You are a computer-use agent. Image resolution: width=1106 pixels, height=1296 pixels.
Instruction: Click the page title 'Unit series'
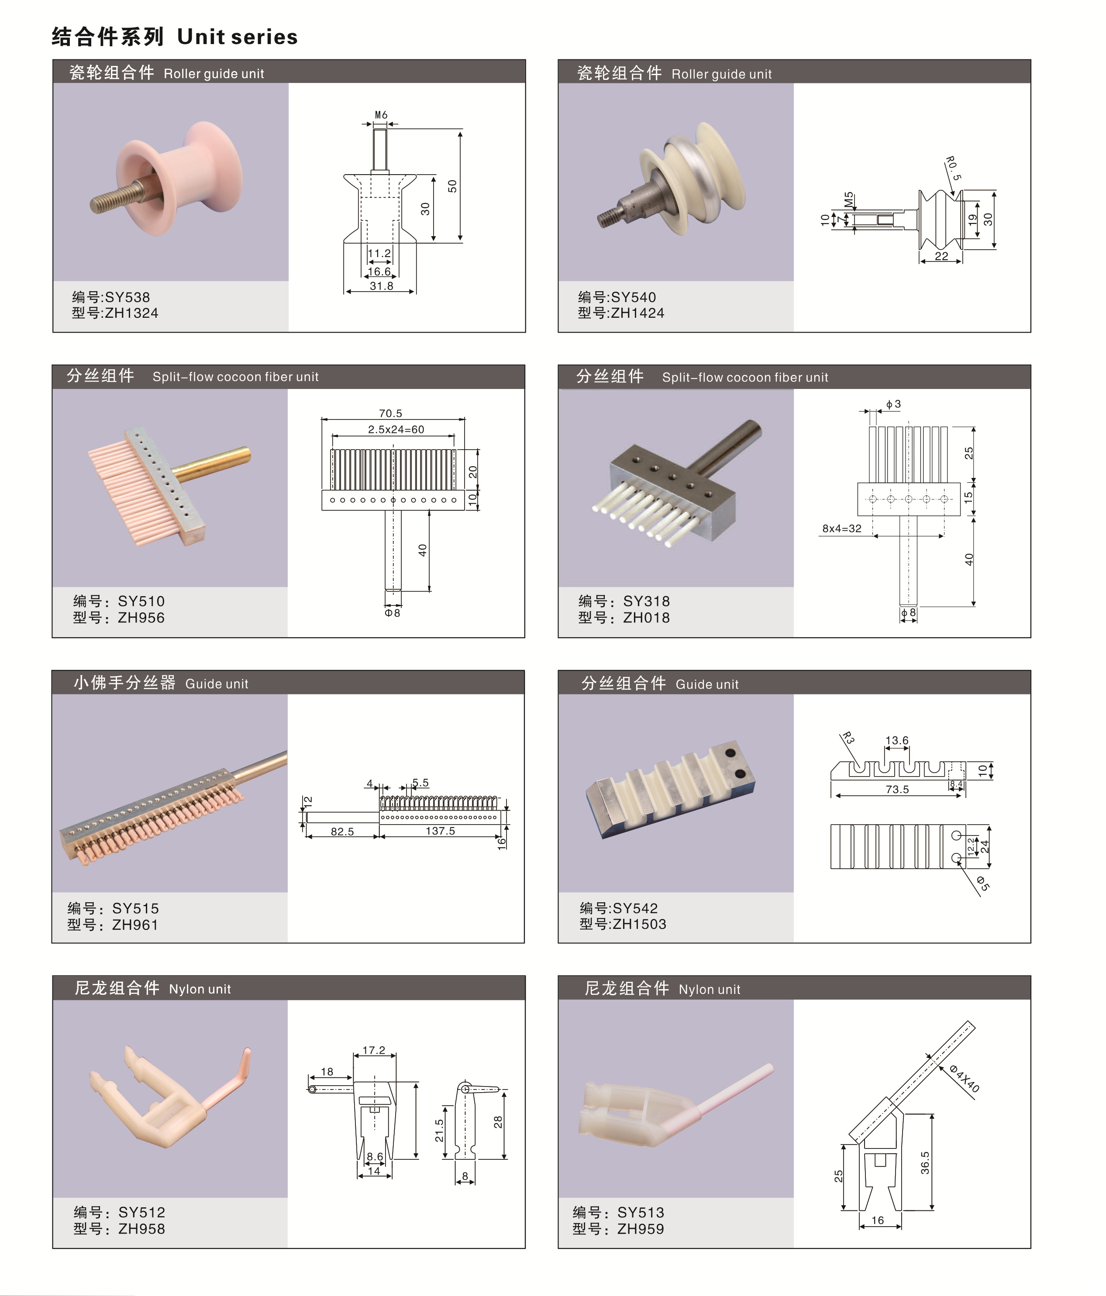(x=237, y=37)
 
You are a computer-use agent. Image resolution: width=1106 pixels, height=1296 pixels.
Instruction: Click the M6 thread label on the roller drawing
(x=381, y=115)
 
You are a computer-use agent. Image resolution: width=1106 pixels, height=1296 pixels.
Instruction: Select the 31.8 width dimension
(x=381, y=286)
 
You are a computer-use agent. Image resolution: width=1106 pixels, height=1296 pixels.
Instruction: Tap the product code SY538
(x=127, y=297)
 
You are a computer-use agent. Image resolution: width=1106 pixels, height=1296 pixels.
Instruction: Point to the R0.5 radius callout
(x=953, y=168)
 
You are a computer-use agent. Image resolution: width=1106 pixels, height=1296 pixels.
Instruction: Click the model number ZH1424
(x=637, y=313)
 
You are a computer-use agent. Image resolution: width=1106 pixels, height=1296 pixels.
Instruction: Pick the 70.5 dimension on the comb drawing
(x=390, y=413)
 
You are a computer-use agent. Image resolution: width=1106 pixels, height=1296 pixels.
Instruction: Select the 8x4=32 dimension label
(x=841, y=529)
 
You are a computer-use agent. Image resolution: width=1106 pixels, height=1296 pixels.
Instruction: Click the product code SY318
(x=646, y=601)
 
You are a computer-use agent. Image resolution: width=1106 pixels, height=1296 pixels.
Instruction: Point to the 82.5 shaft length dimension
(x=342, y=831)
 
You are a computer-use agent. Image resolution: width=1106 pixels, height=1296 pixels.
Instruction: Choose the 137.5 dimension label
(x=441, y=831)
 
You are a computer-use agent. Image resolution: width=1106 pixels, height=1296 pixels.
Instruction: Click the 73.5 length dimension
(x=897, y=789)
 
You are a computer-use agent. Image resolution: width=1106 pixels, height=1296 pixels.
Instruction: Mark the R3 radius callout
(x=848, y=738)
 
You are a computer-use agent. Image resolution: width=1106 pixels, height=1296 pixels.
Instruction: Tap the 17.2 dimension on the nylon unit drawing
(x=374, y=1050)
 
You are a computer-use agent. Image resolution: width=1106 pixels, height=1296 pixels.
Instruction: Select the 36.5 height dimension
(x=925, y=1163)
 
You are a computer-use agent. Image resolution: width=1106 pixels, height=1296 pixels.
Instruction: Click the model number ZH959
(x=641, y=1228)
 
